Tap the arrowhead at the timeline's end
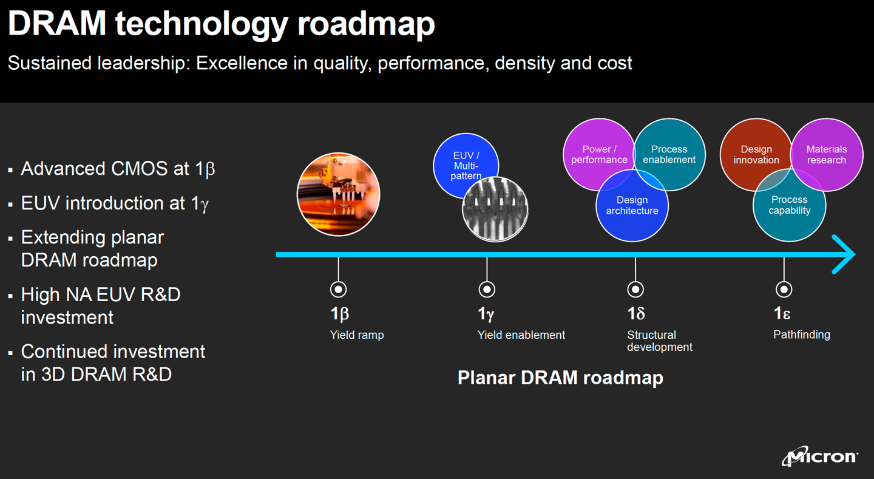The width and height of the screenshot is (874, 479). point(845,254)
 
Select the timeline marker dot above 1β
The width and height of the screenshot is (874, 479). point(338,290)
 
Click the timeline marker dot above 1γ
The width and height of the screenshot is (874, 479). point(487,290)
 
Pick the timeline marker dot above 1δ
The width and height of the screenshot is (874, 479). point(635,290)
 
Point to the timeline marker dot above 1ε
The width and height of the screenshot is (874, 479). point(784,290)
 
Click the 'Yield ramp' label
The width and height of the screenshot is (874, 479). point(357,335)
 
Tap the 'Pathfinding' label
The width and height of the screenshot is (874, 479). point(801,335)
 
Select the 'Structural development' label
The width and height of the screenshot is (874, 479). point(659,341)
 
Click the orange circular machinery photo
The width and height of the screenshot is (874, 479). point(338,194)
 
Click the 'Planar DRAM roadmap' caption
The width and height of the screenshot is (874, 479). point(560,378)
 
